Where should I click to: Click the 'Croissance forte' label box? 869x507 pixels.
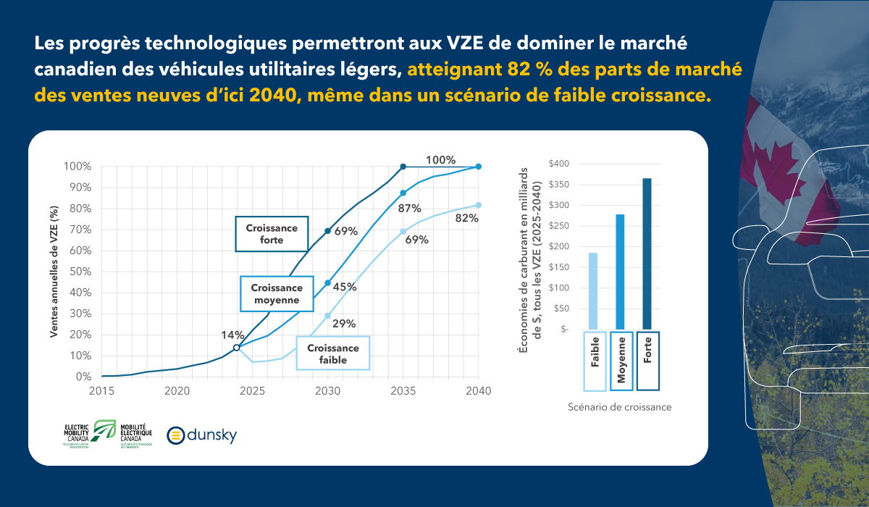[x=272, y=233]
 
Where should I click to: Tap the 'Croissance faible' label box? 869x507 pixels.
[x=332, y=353]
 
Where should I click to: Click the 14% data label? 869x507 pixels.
[x=233, y=335]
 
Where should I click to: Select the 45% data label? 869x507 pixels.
[x=345, y=287]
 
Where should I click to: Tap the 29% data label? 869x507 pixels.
[x=345, y=324]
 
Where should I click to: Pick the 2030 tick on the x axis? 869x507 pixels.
[x=328, y=391]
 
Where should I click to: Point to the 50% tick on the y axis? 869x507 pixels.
[x=81, y=272]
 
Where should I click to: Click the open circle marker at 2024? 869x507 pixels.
[x=236, y=348]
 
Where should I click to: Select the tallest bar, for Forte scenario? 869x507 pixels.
[x=647, y=253]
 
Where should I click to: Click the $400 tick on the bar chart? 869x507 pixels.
[x=559, y=164]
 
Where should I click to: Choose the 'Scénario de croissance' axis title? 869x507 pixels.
[x=620, y=407]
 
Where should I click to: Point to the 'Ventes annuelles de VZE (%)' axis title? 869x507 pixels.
[x=54, y=271]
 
